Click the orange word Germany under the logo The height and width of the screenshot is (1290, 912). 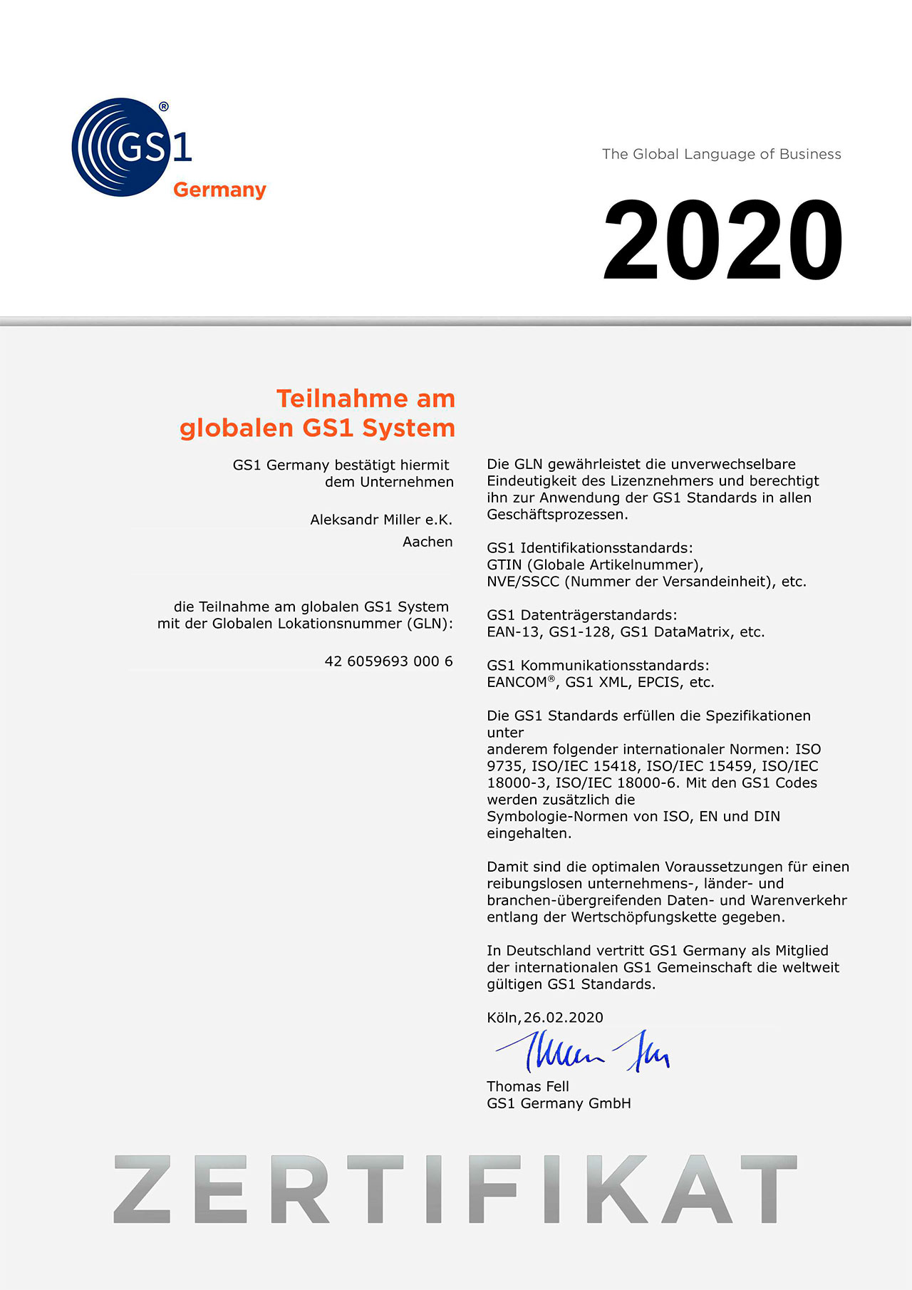[219, 190]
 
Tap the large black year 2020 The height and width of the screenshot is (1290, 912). [722, 240]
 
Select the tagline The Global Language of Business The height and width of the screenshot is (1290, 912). [721, 154]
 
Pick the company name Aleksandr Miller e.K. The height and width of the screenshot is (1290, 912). [381, 520]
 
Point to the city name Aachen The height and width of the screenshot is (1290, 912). [427, 542]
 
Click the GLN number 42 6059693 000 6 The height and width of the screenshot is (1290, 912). [388, 661]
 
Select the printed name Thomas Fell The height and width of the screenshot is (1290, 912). [528, 1086]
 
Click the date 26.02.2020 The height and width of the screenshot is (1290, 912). [564, 1018]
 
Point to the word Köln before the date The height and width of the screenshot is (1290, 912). [503, 1018]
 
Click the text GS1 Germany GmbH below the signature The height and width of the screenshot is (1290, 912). [559, 1103]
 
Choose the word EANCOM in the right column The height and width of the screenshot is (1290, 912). [517, 682]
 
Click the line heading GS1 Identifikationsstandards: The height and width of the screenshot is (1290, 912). [589, 548]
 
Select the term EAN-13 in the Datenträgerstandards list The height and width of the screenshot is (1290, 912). [513, 632]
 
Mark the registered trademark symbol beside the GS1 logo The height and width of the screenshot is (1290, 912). [164, 107]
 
